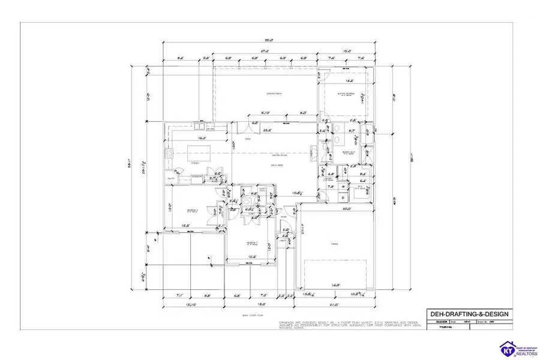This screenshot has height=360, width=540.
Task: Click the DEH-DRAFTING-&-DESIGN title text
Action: click(x=469, y=314)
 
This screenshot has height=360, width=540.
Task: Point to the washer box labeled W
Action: click(x=344, y=187)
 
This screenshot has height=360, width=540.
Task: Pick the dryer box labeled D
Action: click(x=344, y=197)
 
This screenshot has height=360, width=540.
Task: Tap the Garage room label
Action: click(x=334, y=244)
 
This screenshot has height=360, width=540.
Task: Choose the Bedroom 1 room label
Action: click(x=192, y=211)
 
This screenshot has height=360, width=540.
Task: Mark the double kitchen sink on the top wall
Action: click(x=199, y=126)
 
